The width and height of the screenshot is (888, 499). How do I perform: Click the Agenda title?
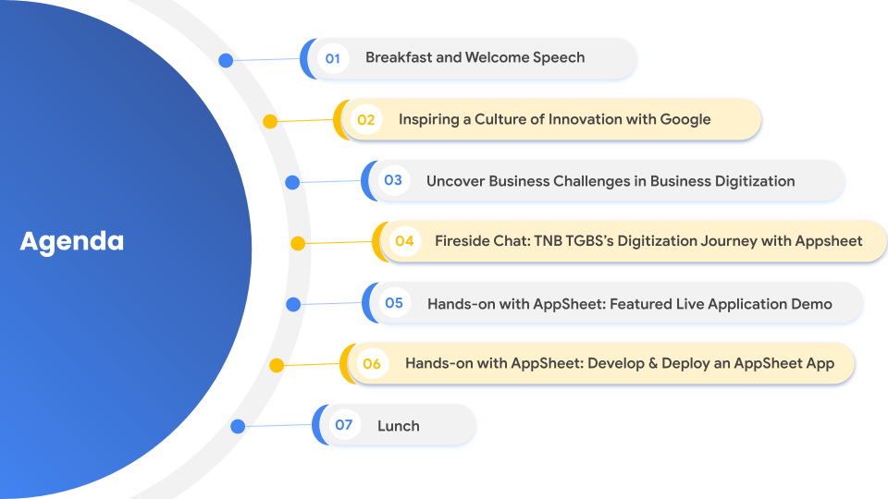(x=72, y=241)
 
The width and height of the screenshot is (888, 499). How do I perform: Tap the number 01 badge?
(x=333, y=58)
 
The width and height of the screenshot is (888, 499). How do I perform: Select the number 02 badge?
(x=366, y=119)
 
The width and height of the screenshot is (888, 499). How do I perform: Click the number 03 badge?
(x=394, y=180)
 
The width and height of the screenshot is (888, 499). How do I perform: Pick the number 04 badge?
(x=405, y=241)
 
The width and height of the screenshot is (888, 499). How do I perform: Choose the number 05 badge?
(x=394, y=303)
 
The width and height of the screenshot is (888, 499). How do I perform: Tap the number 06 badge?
(x=372, y=364)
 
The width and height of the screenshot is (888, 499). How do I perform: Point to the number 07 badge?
(x=344, y=425)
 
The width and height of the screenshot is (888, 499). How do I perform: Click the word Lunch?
(x=399, y=426)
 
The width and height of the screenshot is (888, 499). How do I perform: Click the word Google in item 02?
(x=685, y=120)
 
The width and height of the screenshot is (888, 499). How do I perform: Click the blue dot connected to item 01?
(x=226, y=61)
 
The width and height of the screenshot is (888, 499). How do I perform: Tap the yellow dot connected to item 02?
(x=270, y=121)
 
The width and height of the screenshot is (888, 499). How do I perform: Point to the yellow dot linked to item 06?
(x=277, y=365)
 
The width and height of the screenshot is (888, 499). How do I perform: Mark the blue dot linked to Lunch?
(x=238, y=426)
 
